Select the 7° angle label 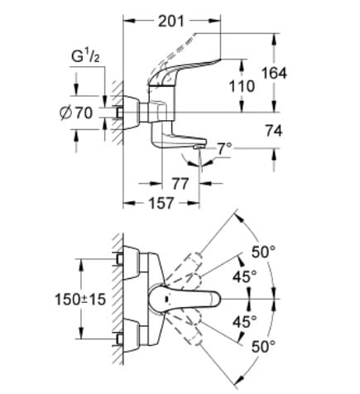223,148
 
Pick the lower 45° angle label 244,321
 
